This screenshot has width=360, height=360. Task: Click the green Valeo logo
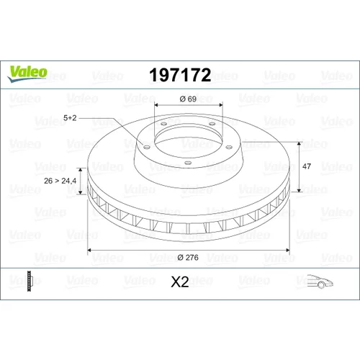(x=27, y=73)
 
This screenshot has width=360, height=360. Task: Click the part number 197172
(x=180, y=75)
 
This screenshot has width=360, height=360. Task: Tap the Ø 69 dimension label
(x=188, y=99)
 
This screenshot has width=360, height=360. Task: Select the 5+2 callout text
(x=70, y=118)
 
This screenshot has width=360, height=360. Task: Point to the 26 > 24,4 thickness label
(x=60, y=181)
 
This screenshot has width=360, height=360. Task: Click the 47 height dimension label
(x=307, y=166)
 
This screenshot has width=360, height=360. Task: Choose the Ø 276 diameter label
(x=188, y=258)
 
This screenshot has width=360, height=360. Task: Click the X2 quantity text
(x=180, y=282)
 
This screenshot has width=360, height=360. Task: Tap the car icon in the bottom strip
(x=320, y=281)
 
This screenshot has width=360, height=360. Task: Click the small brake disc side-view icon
(x=29, y=281)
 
